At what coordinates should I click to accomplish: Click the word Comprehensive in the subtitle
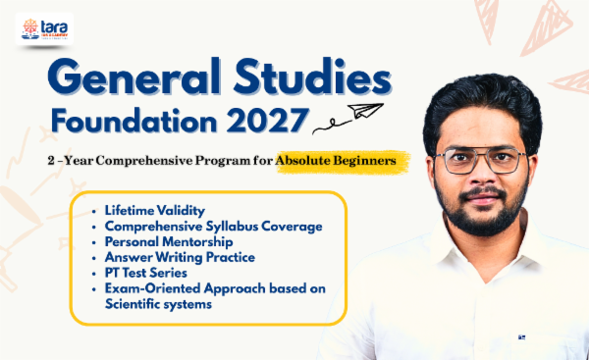[x=150, y=159]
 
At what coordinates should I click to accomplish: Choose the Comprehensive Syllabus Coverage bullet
[x=213, y=227]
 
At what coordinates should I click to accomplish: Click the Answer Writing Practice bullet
[x=179, y=258]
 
